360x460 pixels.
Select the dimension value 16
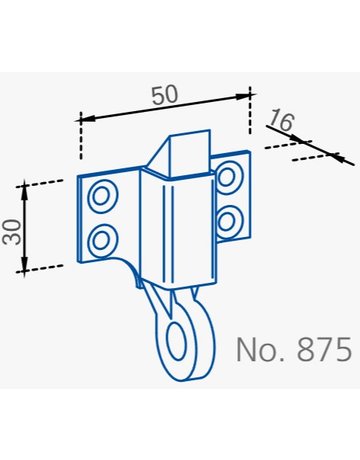pos(280,121)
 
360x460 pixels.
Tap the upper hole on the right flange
pos(227,179)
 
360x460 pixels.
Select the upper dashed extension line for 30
pos(48,183)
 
